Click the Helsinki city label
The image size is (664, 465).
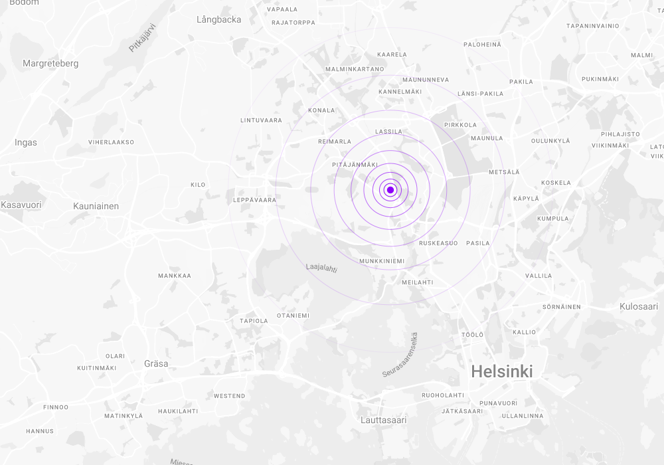(501, 372)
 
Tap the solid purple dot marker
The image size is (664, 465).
(390, 191)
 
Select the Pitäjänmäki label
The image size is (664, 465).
(355, 165)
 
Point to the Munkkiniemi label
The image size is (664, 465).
(382, 261)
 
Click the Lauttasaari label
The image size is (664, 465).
(383, 420)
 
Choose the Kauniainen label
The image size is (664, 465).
(96, 206)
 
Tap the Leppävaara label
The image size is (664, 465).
(255, 200)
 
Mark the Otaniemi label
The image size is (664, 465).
(293, 316)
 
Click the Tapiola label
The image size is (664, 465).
(254, 321)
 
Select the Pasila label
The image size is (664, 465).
(477, 243)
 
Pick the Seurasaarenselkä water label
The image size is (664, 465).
(400, 355)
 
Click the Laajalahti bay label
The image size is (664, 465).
(321, 268)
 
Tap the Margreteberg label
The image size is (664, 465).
(50, 64)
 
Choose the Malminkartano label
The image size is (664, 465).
(355, 69)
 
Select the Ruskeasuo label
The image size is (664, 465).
(438, 243)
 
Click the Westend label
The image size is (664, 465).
(229, 396)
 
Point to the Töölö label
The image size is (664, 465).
(472, 335)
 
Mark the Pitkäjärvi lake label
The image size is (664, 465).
(142, 38)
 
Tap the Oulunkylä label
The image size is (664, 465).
(550, 141)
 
